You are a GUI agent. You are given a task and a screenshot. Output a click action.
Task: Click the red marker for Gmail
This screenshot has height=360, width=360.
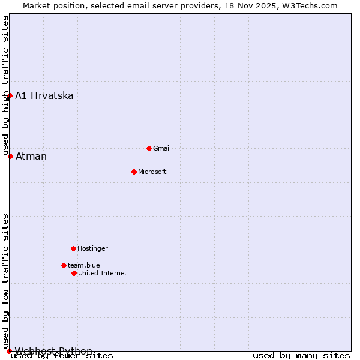coord(149,148)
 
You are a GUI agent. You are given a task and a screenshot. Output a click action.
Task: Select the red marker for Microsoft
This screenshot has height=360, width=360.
coord(134,172)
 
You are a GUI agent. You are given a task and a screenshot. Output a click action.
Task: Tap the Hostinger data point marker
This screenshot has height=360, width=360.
coord(73,248)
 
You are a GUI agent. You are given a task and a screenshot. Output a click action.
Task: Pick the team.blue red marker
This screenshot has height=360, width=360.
coord(64,265)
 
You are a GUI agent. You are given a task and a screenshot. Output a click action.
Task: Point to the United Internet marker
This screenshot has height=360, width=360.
coord(74,273)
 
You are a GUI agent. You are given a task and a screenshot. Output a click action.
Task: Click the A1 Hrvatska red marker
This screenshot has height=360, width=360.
coord(10,95)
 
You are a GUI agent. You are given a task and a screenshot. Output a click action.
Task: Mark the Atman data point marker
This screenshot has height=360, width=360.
coord(10,156)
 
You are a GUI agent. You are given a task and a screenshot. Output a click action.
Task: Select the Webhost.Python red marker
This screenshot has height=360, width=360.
coord(9,351)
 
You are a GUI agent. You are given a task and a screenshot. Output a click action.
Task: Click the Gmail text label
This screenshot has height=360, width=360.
coord(162,148)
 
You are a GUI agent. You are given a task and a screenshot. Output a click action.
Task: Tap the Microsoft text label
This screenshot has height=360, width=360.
coord(152,172)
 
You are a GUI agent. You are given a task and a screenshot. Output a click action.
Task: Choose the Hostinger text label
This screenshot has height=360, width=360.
coord(92,248)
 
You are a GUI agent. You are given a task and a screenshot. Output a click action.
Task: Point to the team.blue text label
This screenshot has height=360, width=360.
coord(84,265)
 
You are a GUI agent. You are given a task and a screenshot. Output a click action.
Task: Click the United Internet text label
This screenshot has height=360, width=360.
coord(103,273)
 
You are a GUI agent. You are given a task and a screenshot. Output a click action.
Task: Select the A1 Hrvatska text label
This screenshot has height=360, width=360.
coord(44,95)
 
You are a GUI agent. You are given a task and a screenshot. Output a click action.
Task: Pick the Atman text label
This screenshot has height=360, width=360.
coord(31,156)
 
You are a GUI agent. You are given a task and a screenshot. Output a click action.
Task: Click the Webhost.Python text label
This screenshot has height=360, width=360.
coord(54,351)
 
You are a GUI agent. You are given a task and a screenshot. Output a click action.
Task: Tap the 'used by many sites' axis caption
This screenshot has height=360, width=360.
coord(301,356)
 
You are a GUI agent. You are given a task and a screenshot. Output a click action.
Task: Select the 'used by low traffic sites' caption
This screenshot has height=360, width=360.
coord(5,281)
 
